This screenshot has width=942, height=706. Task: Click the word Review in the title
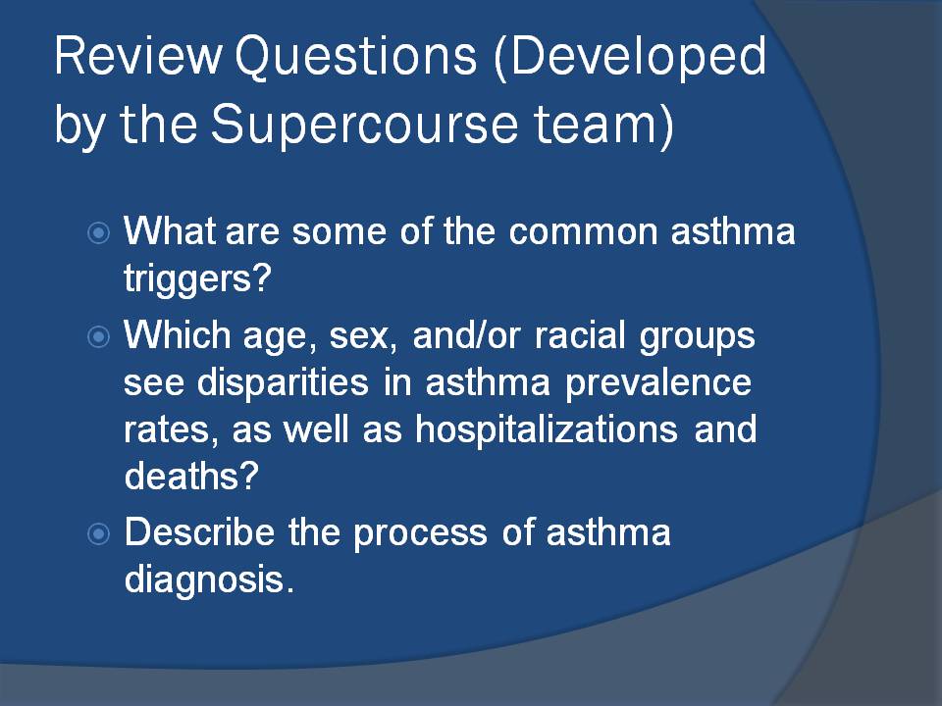click(x=138, y=56)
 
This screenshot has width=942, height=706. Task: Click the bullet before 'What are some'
click(x=98, y=232)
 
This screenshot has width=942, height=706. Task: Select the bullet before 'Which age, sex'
click(x=98, y=336)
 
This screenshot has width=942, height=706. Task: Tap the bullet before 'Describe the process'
click(x=98, y=533)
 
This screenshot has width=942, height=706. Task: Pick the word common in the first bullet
click(x=583, y=231)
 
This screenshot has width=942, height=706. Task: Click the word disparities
click(x=283, y=383)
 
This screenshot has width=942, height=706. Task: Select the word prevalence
click(x=658, y=383)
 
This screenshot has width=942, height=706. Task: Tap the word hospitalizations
click(x=547, y=429)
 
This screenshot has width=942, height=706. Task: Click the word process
click(x=420, y=533)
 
